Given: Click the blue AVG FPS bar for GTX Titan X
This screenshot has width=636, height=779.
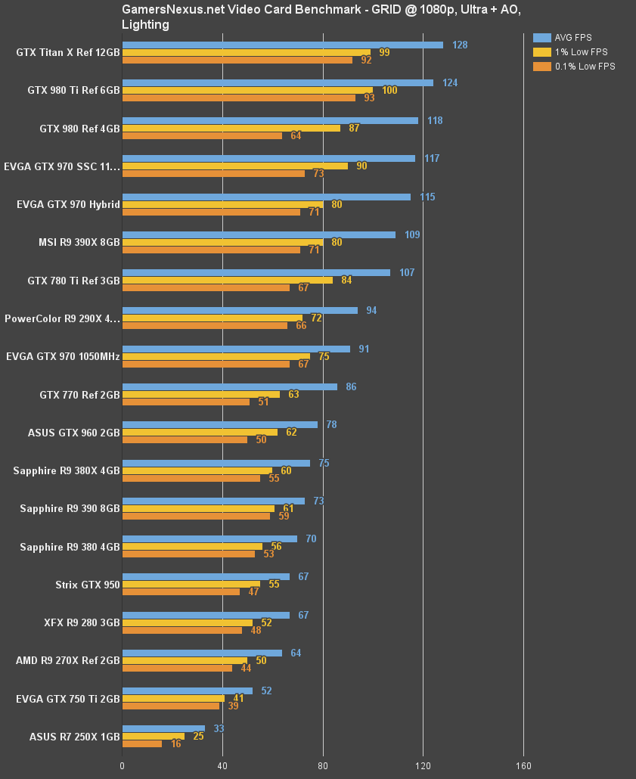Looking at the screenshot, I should click(283, 45).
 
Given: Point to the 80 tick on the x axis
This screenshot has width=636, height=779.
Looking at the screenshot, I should click(323, 765).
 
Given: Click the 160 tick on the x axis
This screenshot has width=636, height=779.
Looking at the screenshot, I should click(523, 765).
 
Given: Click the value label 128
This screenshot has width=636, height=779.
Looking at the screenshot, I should click(460, 45).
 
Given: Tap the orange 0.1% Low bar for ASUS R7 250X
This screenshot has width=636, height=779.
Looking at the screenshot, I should click(142, 744).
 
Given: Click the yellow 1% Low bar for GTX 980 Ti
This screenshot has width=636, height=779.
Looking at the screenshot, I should click(247, 90).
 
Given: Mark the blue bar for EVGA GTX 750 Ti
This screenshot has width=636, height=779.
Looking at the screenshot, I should click(188, 691).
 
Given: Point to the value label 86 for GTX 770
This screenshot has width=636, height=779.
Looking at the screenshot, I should click(351, 386).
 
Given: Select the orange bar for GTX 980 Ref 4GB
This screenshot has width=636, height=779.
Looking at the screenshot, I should click(202, 136).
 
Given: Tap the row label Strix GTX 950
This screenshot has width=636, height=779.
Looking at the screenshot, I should click(88, 585).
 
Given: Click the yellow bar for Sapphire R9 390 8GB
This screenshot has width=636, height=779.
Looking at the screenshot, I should click(198, 508).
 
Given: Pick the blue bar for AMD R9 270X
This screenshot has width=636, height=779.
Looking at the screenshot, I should click(202, 653).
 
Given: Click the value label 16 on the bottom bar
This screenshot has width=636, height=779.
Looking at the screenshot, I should click(175, 744).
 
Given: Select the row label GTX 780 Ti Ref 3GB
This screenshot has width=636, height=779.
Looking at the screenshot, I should click(73, 281).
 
